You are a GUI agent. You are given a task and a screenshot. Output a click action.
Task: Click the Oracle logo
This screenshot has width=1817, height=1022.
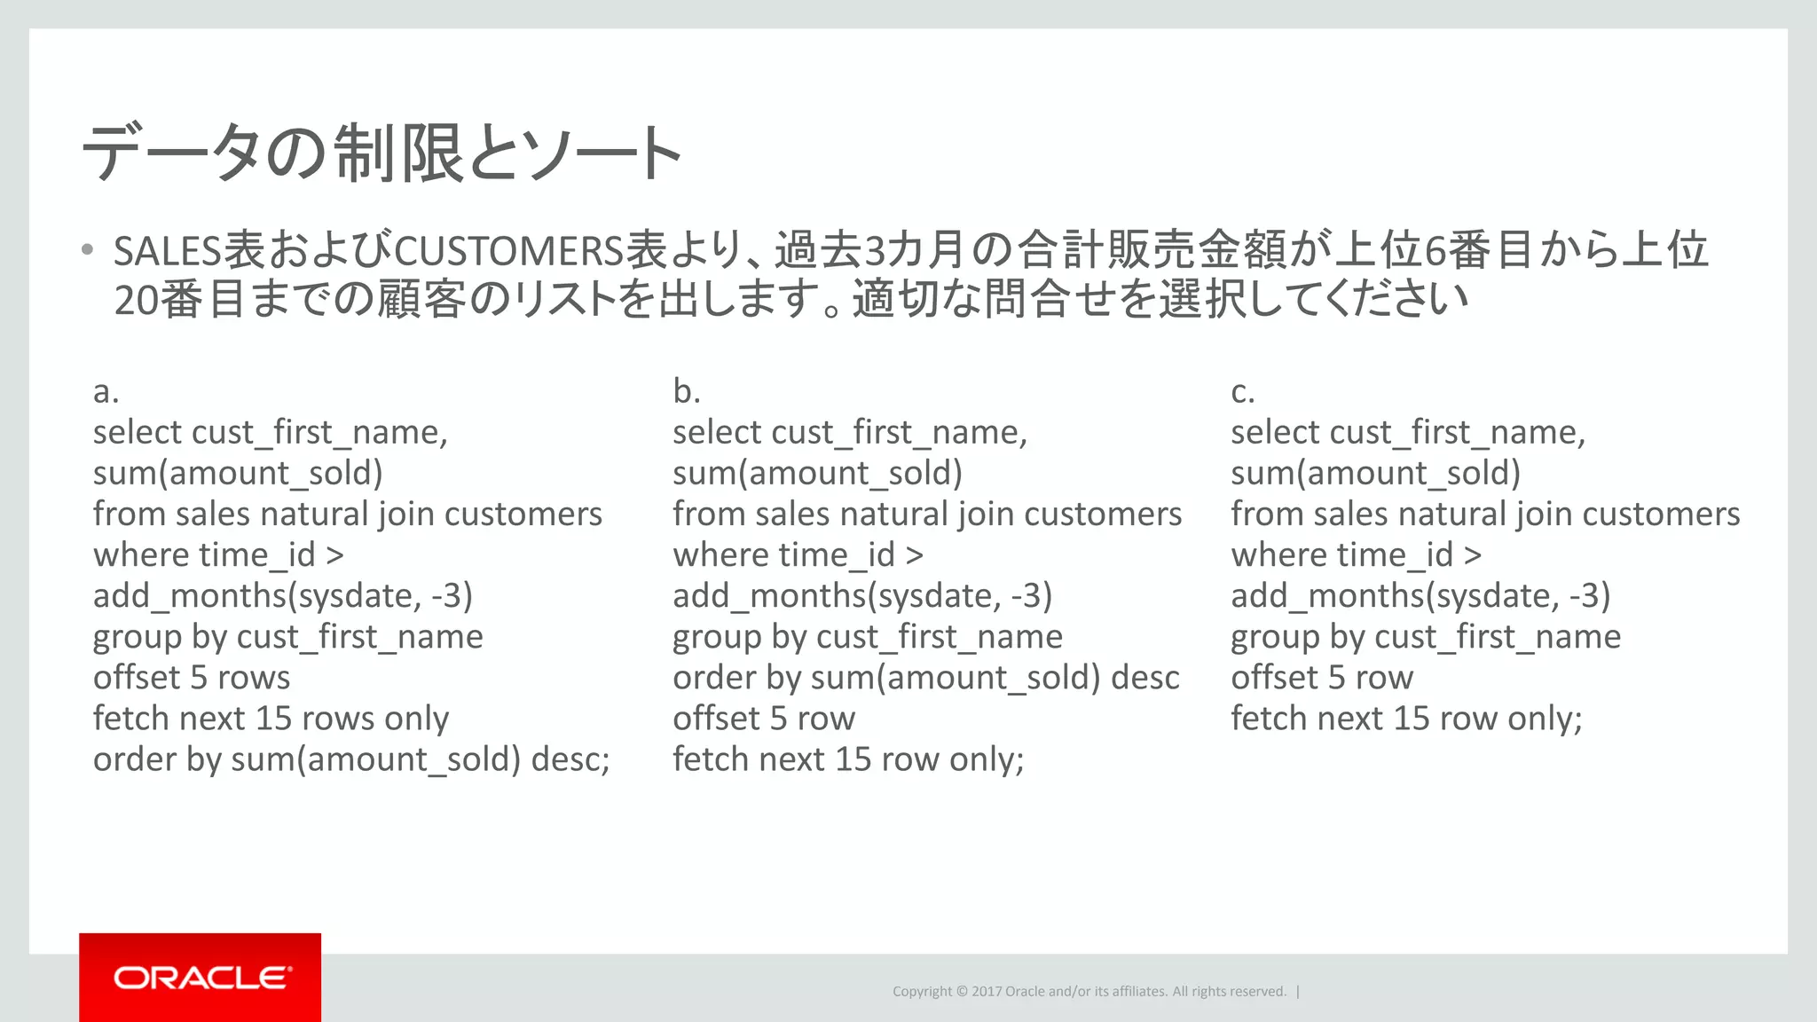(201, 977)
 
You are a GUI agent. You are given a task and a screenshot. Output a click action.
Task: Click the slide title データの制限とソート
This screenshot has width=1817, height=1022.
(382, 153)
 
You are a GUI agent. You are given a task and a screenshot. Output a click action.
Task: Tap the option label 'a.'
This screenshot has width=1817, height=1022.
(106, 391)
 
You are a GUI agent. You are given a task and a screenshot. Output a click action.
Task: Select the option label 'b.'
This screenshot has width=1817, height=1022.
(686, 391)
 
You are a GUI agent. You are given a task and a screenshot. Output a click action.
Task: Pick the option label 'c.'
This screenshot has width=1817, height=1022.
(1242, 391)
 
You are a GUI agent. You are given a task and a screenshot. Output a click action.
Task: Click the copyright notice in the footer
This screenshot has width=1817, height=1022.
(1089, 991)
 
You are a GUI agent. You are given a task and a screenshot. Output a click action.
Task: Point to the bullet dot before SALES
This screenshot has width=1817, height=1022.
(87, 250)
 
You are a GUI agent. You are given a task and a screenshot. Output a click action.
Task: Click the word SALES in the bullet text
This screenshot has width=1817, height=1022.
(167, 252)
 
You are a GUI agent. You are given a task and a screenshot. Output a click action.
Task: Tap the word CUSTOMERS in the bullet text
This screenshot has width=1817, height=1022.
(509, 252)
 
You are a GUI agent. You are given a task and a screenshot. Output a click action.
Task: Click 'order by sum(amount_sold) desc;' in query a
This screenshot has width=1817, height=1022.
(351, 759)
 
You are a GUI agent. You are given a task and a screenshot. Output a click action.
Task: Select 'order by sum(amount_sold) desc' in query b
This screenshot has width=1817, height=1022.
(925, 678)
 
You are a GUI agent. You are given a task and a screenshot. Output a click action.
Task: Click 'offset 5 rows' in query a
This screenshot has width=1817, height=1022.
(192, 678)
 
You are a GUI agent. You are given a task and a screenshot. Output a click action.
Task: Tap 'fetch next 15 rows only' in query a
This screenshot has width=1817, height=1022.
(271, 719)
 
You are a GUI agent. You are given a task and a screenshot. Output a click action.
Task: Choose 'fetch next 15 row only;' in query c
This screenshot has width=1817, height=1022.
(1406, 719)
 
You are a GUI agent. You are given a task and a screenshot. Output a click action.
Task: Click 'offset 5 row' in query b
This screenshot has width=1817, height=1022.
(763, 719)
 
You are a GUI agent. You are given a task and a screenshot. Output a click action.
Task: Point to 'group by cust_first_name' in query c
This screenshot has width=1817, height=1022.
(1425, 637)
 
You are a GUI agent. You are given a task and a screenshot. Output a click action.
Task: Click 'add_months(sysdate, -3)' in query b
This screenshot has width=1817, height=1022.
(861, 596)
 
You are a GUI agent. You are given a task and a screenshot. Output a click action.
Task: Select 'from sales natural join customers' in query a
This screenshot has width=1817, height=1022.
(347, 515)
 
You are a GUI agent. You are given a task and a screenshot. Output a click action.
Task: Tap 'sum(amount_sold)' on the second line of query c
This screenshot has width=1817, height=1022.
(1375, 474)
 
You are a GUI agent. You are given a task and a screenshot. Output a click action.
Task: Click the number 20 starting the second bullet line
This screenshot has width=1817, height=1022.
(136, 301)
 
